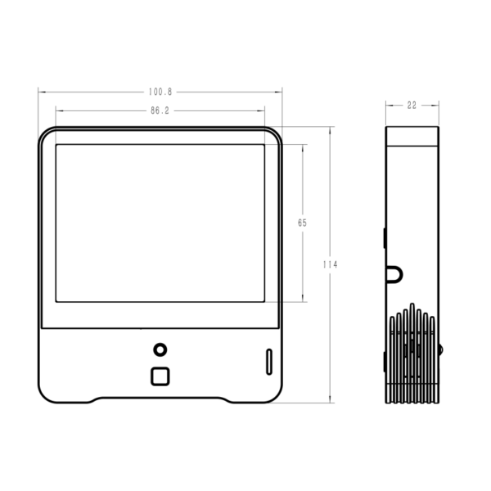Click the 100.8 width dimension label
click(x=160, y=92)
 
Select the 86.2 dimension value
click(x=160, y=110)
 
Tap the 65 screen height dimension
click(x=302, y=223)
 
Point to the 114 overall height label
click(x=330, y=264)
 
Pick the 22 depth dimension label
click(x=412, y=106)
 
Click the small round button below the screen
click(x=160, y=349)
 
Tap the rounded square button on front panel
click(x=160, y=376)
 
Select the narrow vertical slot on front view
click(x=269, y=362)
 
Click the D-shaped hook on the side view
click(x=395, y=275)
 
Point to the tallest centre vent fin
click(x=412, y=353)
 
